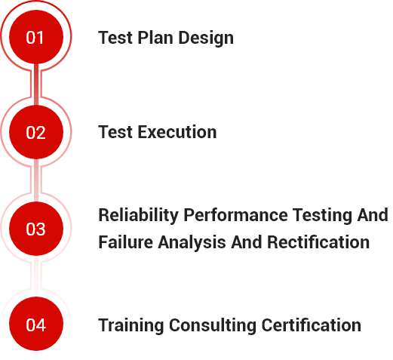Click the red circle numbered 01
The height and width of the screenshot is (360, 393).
coord(36,37)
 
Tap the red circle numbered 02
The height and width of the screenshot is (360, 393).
coord(36,132)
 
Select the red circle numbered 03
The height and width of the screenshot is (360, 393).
coord(36,229)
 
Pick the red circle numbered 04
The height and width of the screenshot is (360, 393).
coord(36,324)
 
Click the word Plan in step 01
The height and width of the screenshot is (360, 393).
coord(155,38)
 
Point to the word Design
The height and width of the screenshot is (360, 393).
coord(206,38)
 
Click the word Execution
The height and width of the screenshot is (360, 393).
coord(177,132)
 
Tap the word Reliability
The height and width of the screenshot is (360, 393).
coord(138,216)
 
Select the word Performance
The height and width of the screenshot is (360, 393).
coord(235,215)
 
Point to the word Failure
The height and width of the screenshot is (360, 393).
coord(125,242)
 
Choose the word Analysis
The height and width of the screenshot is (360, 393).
coord(192,243)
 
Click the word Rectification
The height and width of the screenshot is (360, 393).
coord(318,242)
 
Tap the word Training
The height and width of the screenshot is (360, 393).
coord(131,326)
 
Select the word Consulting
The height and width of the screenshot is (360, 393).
coord(213,326)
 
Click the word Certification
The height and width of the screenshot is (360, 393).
coord(312,325)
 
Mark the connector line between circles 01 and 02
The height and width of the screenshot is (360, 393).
coord(36,85)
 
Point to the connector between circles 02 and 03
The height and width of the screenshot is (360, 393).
coord(36,180)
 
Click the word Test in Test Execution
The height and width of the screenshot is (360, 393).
coord(115,132)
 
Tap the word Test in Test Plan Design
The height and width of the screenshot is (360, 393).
coord(115,38)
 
